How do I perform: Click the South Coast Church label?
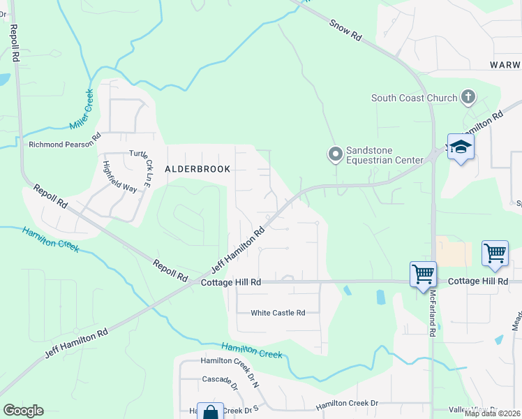point(414,98)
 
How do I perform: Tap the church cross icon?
point(468,98)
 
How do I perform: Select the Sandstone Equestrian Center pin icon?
point(336,153)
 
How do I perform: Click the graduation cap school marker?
point(461,147)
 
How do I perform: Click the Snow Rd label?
point(345,32)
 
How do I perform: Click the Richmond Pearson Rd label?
point(64,145)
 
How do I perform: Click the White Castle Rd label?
point(278,313)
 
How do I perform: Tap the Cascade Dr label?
point(220,379)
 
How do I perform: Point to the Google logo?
point(23,411)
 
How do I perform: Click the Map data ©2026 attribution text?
point(492,413)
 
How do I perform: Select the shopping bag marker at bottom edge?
point(210,412)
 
